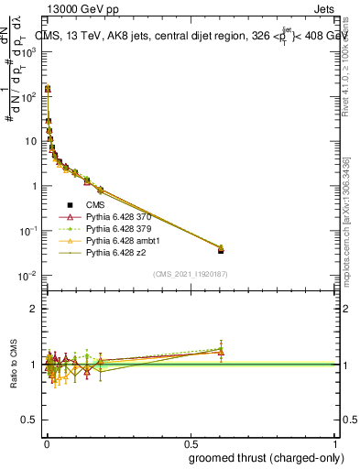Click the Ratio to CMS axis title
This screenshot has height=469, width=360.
pos(14,365)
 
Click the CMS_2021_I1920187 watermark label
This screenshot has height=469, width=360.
pos(191,273)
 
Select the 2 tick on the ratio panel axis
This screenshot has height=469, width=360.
pos(33,309)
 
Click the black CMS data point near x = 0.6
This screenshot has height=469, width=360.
pos(221,249)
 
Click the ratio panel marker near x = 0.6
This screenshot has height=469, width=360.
pos(221,351)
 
